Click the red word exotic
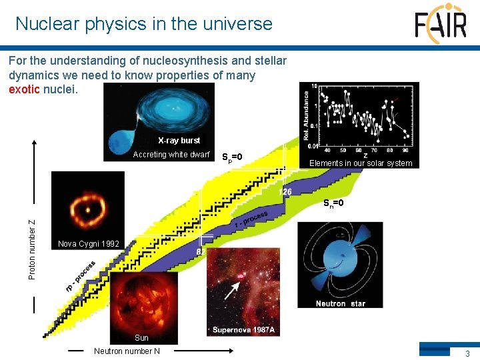[x=24, y=89]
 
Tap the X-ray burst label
[x=179, y=141]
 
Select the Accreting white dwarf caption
[x=171, y=155]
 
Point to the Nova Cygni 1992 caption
[x=89, y=243]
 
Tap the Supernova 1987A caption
[x=244, y=329]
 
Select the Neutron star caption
[x=340, y=303]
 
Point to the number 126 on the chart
[x=285, y=192]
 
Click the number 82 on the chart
[x=201, y=251]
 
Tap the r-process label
[x=251, y=220]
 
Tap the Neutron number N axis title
[x=127, y=351]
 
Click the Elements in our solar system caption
[x=361, y=163]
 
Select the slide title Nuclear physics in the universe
[x=144, y=24]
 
